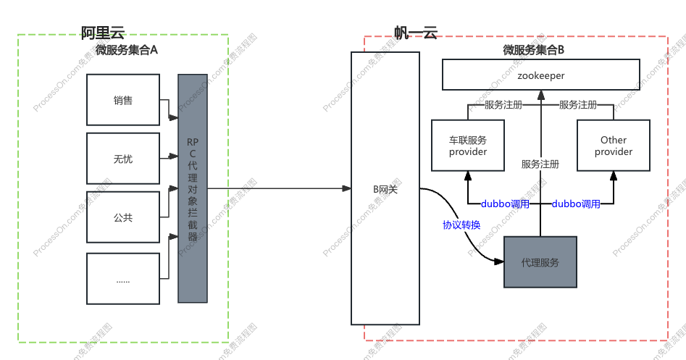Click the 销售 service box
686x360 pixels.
pos(123,100)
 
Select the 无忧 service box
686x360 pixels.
pos(123,159)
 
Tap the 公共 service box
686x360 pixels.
pos(123,217)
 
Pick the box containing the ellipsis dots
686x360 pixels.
pos(123,279)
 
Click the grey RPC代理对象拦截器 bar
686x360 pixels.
pos(193,188)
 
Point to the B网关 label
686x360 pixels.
pos(385,189)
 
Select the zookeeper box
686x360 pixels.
pos(540,75)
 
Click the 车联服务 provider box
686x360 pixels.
pos(468,145)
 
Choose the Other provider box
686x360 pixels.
pos(614,145)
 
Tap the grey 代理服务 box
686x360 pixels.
pos(540,262)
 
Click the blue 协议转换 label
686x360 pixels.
pos(461,225)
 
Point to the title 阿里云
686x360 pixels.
pos(103,33)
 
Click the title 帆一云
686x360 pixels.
pos(416,33)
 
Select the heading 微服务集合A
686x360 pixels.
pos(127,50)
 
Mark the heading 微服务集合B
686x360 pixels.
pos(534,50)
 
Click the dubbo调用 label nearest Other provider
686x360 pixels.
pos(576,204)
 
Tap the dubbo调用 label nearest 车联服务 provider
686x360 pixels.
pos(505,204)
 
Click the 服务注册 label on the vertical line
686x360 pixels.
pos(540,164)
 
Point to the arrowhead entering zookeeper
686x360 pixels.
pos(540,95)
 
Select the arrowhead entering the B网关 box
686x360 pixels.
pos(346,188)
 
